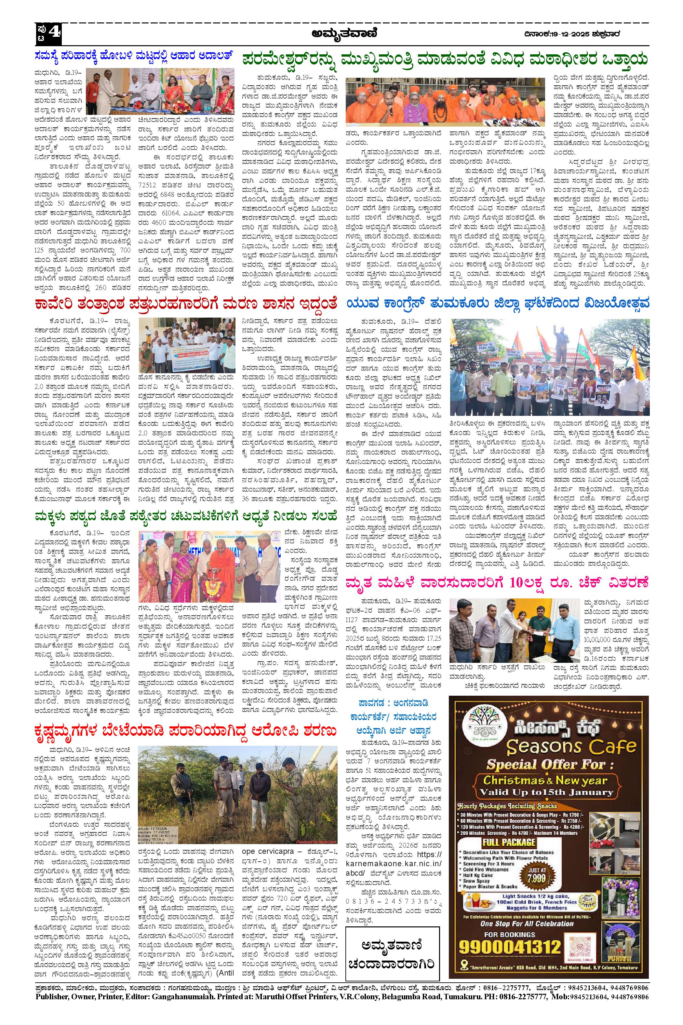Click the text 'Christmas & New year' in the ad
point(546,780)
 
